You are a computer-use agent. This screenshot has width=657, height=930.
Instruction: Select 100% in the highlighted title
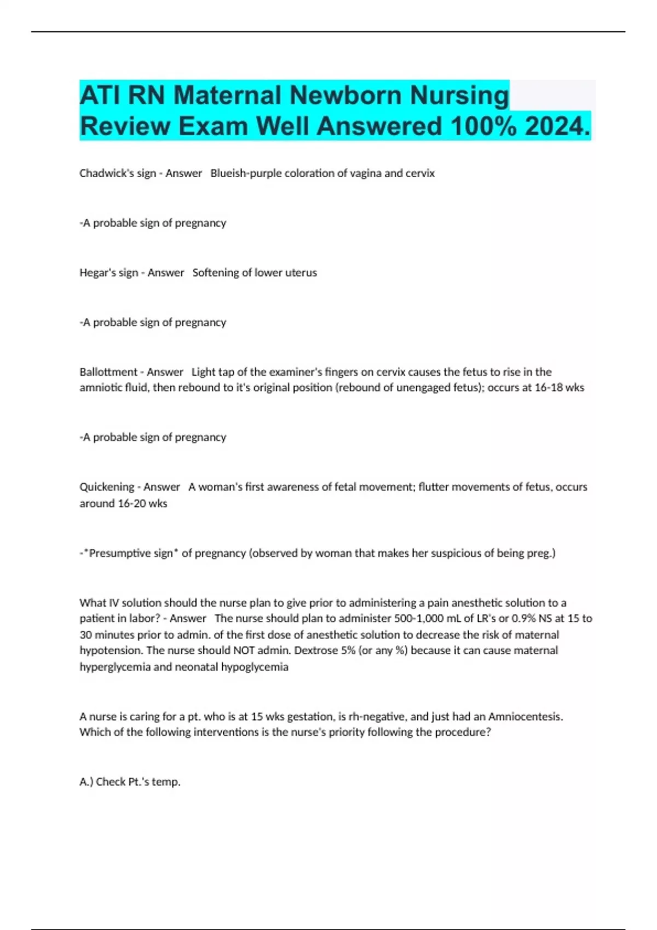tap(482, 126)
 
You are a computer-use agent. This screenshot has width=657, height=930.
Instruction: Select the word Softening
tap(215, 272)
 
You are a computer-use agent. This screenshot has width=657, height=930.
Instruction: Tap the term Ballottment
tap(108, 372)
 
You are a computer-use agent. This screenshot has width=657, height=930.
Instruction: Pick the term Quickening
tap(107, 487)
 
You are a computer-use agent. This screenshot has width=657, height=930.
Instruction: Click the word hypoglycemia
tap(255, 667)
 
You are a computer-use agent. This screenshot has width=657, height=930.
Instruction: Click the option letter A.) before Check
tap(87, 782)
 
